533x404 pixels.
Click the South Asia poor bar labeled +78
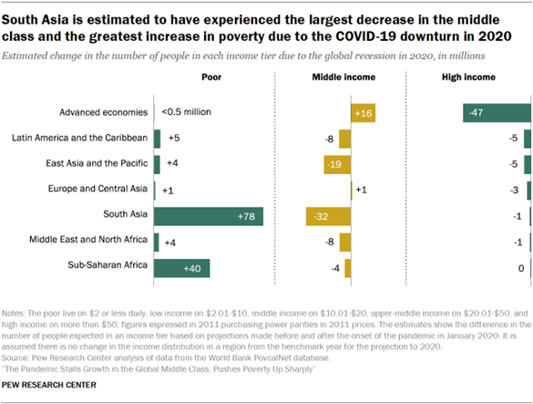209,216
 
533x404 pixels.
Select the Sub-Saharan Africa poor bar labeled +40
182,268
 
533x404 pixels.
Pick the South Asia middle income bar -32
328,216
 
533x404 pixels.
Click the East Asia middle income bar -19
336,164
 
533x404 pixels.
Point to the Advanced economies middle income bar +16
363,112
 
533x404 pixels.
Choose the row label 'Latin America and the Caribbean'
79,139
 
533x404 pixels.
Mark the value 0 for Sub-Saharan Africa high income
519,268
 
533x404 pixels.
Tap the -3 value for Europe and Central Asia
515,191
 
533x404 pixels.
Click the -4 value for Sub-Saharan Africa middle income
335,268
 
